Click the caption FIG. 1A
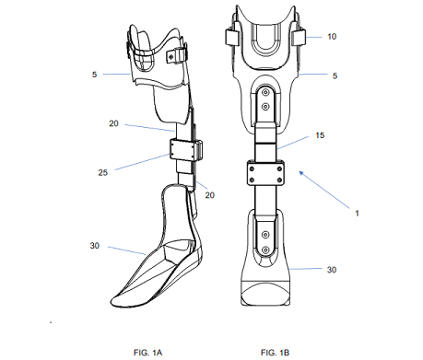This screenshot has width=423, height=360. point(147,353)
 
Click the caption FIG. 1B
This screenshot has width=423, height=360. point(275,353)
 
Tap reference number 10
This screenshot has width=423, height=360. point(332,37)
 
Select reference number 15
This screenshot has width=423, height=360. point(320,135)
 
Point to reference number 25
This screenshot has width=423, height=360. point(103,172)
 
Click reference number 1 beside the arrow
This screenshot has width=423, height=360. point(357,214)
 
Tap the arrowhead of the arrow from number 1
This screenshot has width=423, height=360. point(301,173)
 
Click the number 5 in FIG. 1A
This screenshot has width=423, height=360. point(94,75)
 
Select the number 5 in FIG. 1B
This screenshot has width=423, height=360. point(335,75)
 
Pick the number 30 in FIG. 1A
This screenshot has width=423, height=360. point(95,246)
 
